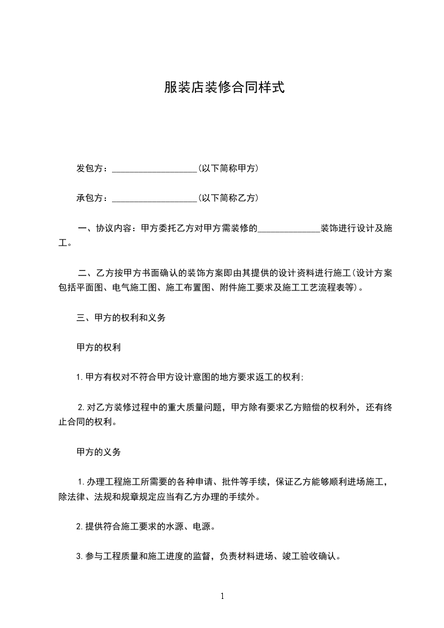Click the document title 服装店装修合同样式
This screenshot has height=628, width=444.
[x=225, y=87]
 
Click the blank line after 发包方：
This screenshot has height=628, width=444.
[x=154, y=168]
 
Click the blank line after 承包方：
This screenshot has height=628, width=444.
[x=154, y=198]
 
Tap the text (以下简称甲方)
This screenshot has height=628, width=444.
[x=228, y=168]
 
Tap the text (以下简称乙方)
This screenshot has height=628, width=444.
[x=228, y=198]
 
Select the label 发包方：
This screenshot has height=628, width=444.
[x=93, y=168]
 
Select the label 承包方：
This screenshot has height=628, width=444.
[x=93, y=198]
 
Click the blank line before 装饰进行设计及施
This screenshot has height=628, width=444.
[x=288, y=228]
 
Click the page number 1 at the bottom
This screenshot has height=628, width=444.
[x=222, y=596]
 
